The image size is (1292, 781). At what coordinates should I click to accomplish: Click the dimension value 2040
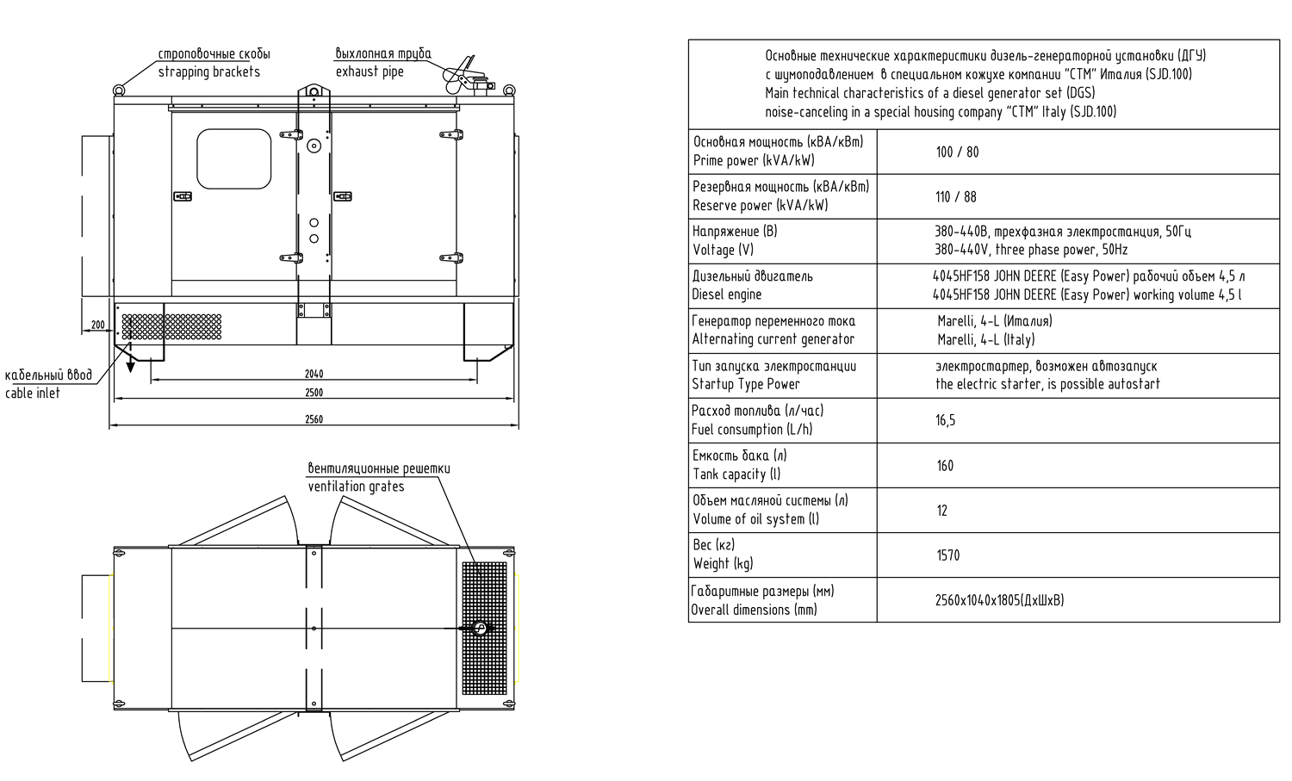coord(314,374)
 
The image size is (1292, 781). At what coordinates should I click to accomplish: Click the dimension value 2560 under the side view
coord(314,419)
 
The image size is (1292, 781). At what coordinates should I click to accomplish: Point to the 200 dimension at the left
coord(97,325)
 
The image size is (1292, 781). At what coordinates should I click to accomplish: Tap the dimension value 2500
coord(314,393)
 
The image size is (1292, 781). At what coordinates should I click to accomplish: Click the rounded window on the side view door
coord(234,158)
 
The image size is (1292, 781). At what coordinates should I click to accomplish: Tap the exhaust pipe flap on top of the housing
coord(462,72)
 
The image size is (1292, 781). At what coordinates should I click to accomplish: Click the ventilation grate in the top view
coord(485,629)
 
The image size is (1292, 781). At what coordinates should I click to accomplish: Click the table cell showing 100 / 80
coord(957,152)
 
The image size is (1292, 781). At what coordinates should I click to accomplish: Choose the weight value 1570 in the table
coord(947,555)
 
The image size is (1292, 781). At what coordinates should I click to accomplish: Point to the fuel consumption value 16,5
coord(945,421)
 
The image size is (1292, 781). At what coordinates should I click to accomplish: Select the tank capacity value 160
coord(945,466)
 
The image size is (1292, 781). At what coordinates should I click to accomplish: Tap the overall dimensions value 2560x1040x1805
coord(999,600)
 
